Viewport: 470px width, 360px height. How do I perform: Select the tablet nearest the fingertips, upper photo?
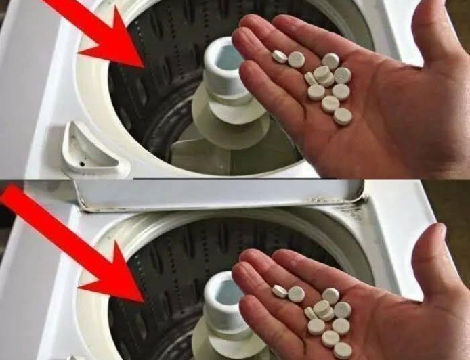point(279,57)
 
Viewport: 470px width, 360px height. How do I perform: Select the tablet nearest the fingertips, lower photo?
point(279,290)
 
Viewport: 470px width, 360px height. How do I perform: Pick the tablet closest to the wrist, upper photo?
point(343,116)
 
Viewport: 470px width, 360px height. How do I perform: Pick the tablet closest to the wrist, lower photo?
point(343,350)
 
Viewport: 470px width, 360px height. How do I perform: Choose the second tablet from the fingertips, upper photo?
point(297,60)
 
